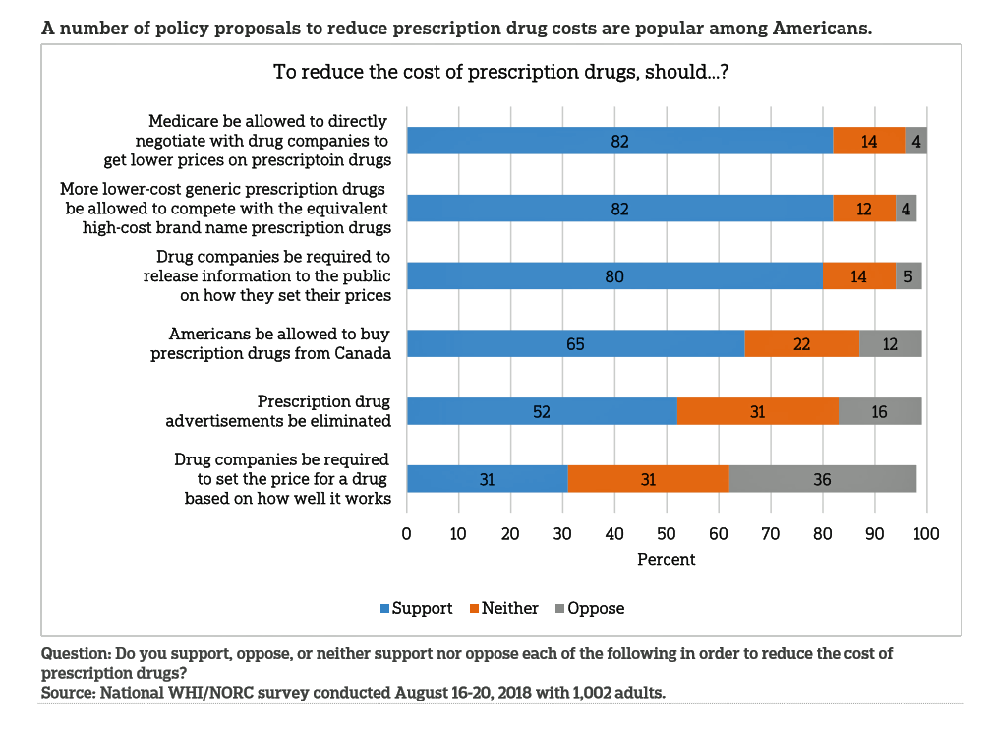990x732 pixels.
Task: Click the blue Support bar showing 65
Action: pos(575,343)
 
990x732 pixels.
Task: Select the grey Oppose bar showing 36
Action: pos(822,479)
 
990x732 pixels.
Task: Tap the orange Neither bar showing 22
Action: pos(801,343)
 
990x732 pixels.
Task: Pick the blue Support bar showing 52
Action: pos(542,411)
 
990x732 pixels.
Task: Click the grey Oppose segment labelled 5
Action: pos(908,276)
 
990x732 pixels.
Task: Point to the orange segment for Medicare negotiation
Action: pos(869,141)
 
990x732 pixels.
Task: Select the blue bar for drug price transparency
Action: pos(614,276)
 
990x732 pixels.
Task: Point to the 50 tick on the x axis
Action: pos(667,534)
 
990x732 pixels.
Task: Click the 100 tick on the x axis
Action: pos(926,534)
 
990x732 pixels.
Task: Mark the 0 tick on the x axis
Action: pos(407,534)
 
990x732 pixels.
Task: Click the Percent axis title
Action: pos(666,559)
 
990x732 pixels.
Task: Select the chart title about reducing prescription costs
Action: pos(499,72)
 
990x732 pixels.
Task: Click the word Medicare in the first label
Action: pos(188,121)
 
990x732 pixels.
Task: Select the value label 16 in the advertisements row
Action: pos(879,411)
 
